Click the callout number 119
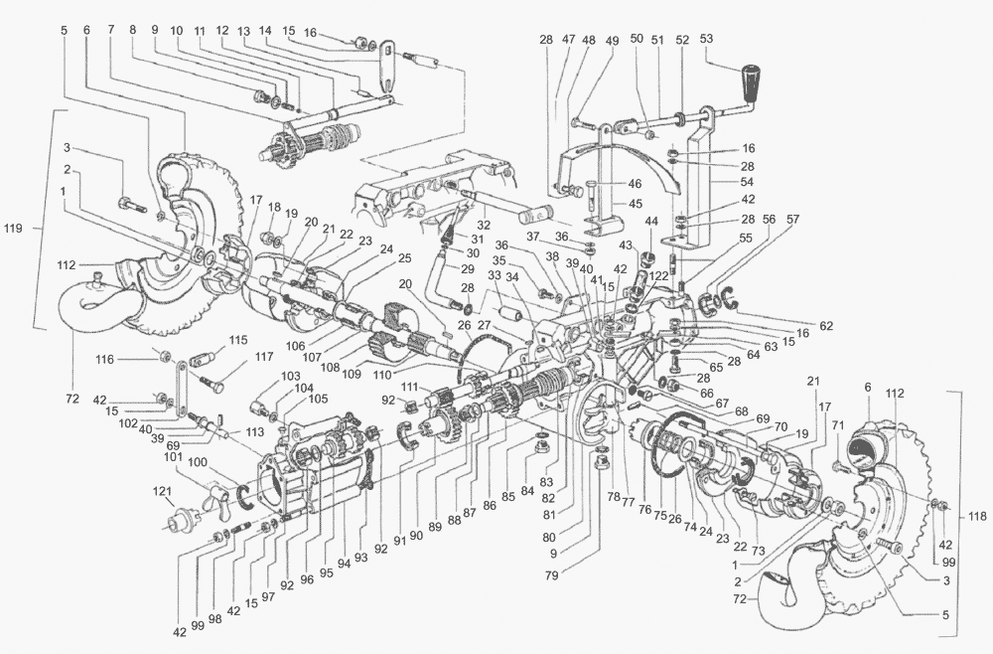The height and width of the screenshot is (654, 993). (x=14, y=228)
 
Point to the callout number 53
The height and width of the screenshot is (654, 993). (x=708, y=39)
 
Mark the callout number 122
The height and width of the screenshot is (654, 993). (x=657, y=275)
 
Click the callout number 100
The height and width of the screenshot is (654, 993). (x=198, y=463)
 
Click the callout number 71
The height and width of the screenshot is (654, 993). (x=837, y=425)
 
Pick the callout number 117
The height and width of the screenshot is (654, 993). (x=263, y=357)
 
